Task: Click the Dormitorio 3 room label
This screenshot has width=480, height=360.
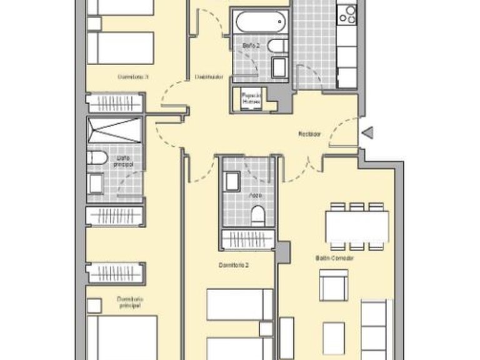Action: pyautogui.click(x=132, y=77)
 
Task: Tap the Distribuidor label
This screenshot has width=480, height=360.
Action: pyautogui.click(x=209, y=77)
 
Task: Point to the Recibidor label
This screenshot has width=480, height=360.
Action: pyautogui.click(x=309, y=134)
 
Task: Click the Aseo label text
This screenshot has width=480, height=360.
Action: pyautogui.click(x=256, y=195)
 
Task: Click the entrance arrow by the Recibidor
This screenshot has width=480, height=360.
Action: pyautogui.click(x=367, y=132)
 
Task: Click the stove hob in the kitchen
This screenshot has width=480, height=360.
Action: pyautogui.click(x=347, y=14)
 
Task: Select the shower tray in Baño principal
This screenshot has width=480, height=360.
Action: pyautogui.click(x=115, y=130)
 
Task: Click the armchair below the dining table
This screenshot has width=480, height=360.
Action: pyautogui.click(x=333, y=284)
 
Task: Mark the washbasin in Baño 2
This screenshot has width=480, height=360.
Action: pyautogui.click(x=279, y=66)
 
